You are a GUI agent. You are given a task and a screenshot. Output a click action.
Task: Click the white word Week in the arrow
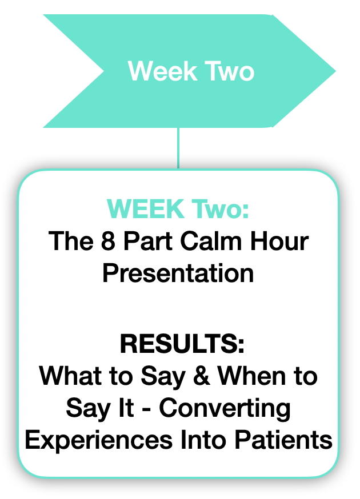(162, 71)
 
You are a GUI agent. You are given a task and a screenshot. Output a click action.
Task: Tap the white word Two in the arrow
(229, 71)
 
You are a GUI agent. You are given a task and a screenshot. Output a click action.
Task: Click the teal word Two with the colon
(220, 209)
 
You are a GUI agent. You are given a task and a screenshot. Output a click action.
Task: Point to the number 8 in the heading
(108, 241)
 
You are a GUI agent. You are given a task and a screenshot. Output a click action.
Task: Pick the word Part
(147, 241)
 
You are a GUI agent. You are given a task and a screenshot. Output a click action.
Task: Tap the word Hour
(279, 241)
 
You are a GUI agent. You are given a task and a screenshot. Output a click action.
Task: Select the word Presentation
(178, 273)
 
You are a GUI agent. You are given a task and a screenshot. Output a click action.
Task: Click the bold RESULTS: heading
(182, 344)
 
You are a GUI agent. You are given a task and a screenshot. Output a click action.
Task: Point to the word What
(70, 376)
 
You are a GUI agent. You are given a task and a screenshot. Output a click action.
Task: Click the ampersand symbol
(201, 376)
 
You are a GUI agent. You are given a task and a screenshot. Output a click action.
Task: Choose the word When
(251, 376)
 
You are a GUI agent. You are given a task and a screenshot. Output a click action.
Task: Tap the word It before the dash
(126, 408)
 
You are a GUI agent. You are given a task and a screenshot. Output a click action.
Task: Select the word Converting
(225, 409)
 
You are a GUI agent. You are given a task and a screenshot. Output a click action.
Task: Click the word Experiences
(99, 440)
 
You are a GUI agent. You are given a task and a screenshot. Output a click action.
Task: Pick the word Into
(203, 440)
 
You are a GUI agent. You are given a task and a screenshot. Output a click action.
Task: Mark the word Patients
(283, 440)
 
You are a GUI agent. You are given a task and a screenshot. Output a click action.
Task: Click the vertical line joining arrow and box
(178, 148)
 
